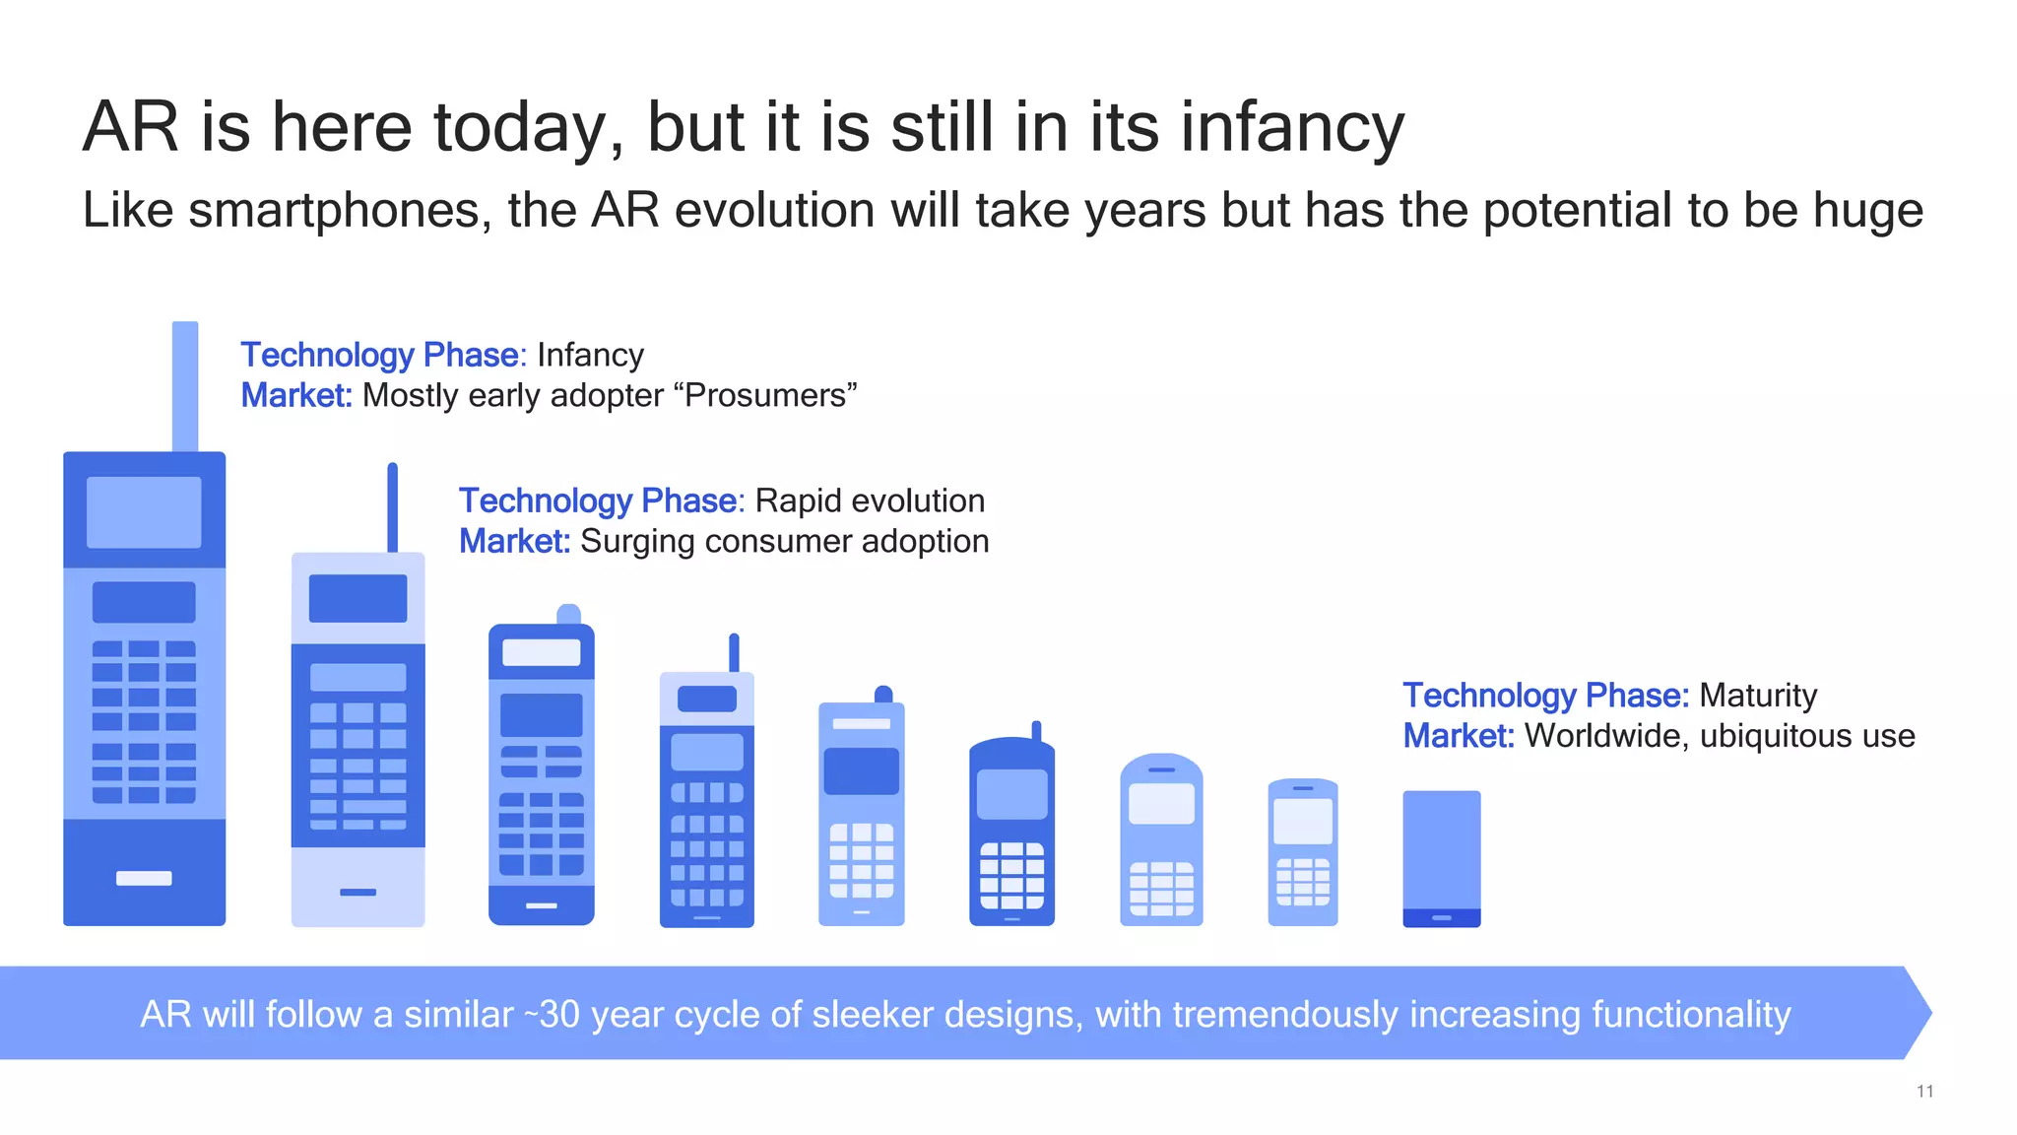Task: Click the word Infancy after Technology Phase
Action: click(590, 355)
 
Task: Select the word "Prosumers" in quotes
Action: click(765, 395)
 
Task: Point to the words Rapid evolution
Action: click(870, 501)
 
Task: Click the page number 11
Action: click(1924, 1091)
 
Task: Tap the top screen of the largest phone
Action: click(144, 512)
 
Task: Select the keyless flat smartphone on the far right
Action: click(1441, 857)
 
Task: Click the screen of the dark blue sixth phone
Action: click(1011, 793)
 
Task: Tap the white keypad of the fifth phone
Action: click(861, 860)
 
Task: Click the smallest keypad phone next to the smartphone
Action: click(1302, 852)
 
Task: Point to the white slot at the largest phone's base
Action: click(144, 878)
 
